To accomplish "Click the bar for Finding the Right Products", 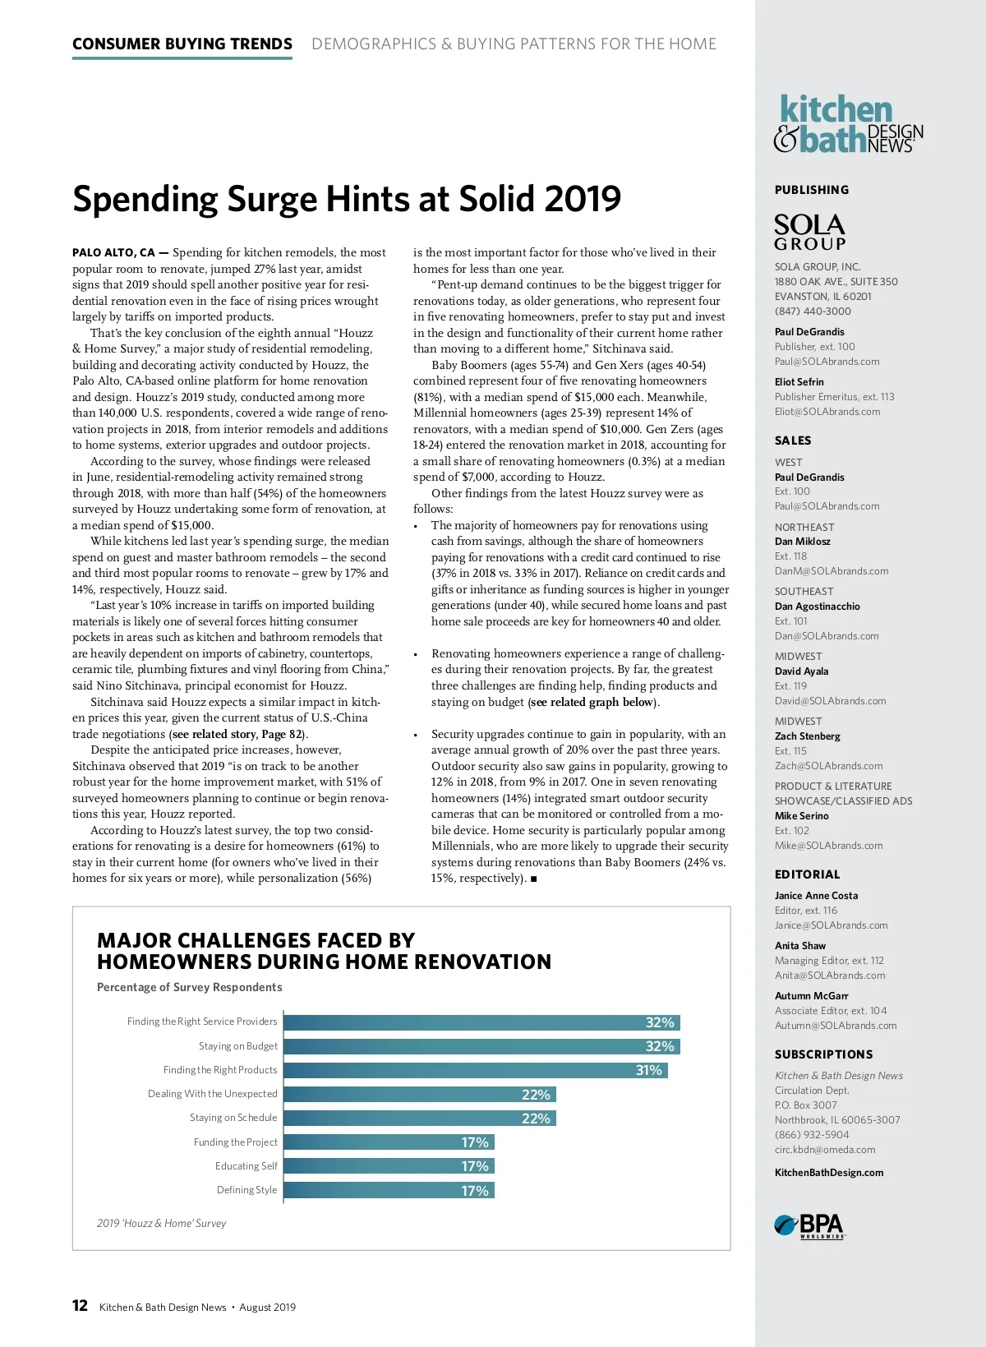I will tap(475, 1070).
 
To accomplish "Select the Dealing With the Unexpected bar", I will tap(419, 1095).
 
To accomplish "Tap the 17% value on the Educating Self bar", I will tap(475, 1166).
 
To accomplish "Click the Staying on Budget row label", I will tap(237, 1046).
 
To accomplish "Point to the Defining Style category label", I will tap(246, 1190).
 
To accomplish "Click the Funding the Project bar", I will tap(389, 1142).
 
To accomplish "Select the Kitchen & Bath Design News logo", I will tap(848, 125).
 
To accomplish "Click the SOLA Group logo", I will tap(809, 232).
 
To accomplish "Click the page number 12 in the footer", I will tap(80, 1306).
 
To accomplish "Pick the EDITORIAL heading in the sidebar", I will tap(807, 874).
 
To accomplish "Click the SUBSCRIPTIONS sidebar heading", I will tap(823, 1054).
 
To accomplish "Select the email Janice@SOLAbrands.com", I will tap(831, 925).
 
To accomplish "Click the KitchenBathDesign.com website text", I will tap(829, 1173).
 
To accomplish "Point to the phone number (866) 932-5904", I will tap(812, 1135).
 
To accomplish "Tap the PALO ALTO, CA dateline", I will tap(113, 253).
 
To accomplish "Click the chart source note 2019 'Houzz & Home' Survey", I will tap(161, 1224).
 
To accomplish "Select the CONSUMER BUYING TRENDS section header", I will tap(182, 44).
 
